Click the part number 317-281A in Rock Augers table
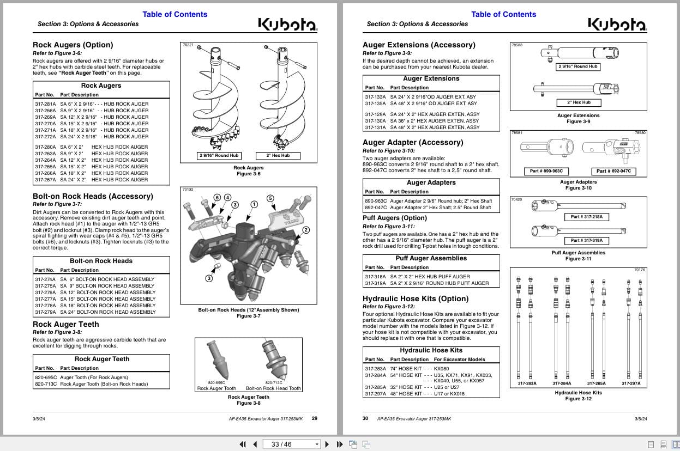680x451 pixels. pyautogui.click(x=45, y=103)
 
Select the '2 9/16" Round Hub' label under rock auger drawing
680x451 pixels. pyautogui.click(x=219, y=156)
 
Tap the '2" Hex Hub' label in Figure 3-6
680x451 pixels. pyautogui.click(x=278, y=156)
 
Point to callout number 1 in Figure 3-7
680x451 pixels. pyautogui.click(x=254, y=204)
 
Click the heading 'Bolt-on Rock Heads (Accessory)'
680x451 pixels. pyautogui.click(x=93, y=196)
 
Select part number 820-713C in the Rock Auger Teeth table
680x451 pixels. pyautogui.click(x=46, y=384)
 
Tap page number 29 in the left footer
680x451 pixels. pyautogui.click(x=315, y=418)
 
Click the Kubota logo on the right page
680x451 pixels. pyautogui.click(x=617, y=24)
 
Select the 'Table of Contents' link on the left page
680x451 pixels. pyautogui.click(x=174, y=14)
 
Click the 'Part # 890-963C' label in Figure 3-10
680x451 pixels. pyautogui.click(x=546, y=171)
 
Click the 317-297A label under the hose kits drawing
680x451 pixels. pyautogui.click(x=631, y=383)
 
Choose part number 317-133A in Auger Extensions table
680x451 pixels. pyautogui.click(x=375, y=97)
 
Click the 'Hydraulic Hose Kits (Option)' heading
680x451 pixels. pyautogui.click(x=416, y=298)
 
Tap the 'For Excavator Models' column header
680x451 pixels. pyautogui.click(x=459, y=359)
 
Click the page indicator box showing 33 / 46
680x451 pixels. pyautogui.click(x=292, y=444)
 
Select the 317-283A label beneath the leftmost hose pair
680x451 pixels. pyautogui.click(x=527, y=383)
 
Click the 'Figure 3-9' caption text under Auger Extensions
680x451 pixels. pyautogui.click(x=578, y=121)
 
